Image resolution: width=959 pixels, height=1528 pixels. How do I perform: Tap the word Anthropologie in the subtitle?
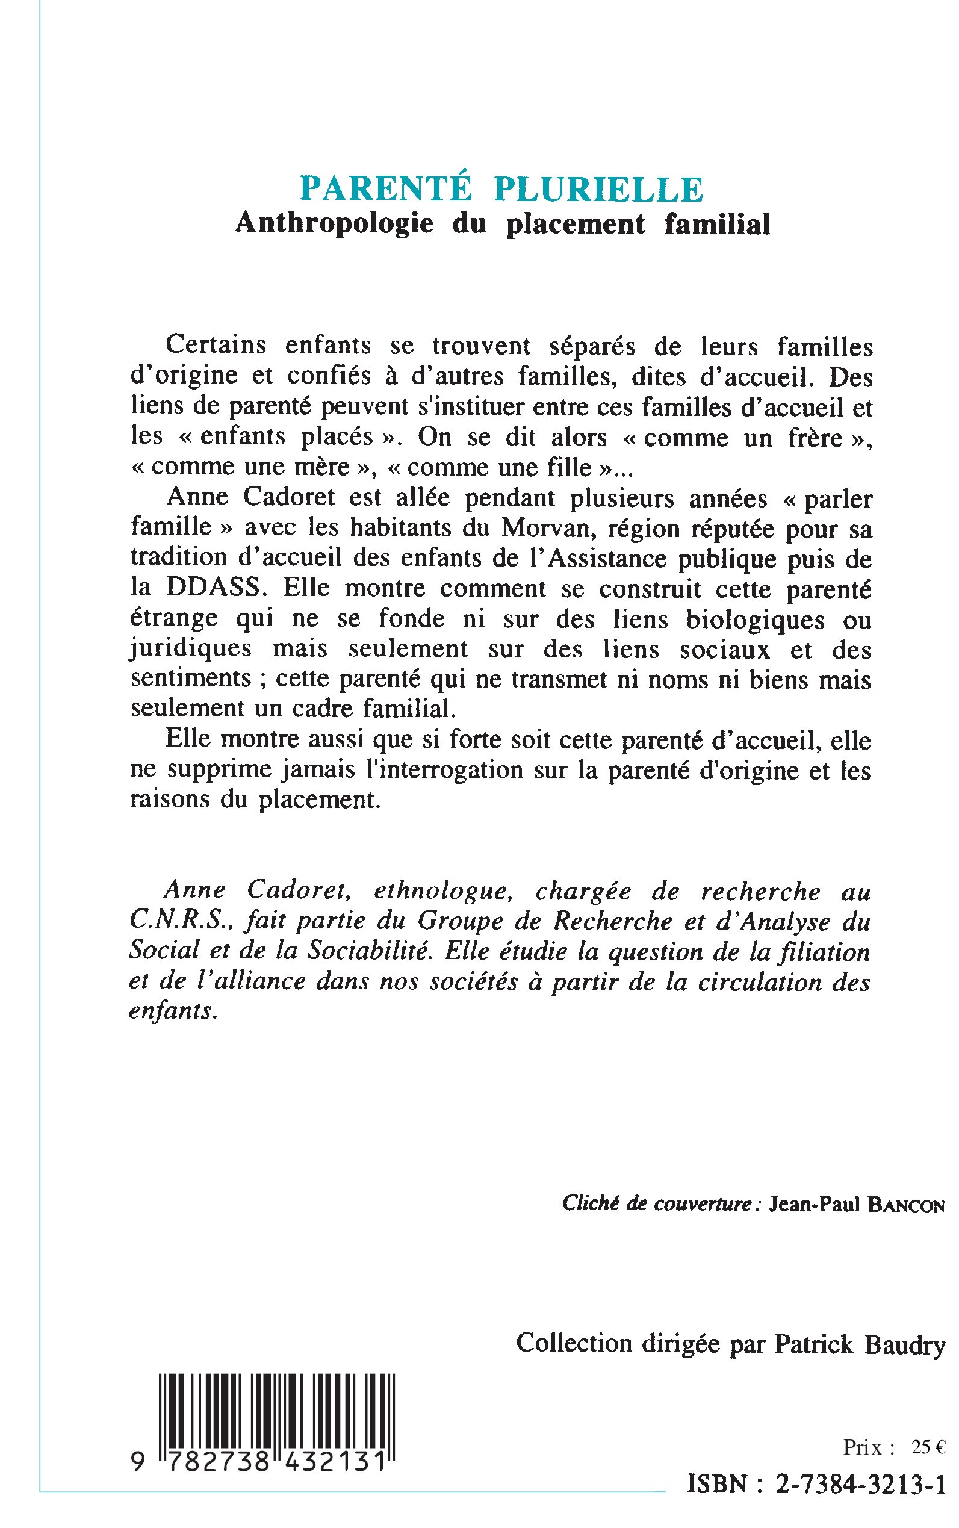(x=334, y=223)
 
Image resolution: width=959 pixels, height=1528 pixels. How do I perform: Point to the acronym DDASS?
(x=213, y=588)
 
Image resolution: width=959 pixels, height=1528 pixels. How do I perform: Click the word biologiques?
(x=756, y=619)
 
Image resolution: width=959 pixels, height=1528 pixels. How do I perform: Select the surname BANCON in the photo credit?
(x=905, y=1205)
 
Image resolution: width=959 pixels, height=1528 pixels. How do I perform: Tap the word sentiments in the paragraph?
(x=191, y=679)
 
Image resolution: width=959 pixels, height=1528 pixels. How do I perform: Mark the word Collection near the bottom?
(x=575, y=1343)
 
